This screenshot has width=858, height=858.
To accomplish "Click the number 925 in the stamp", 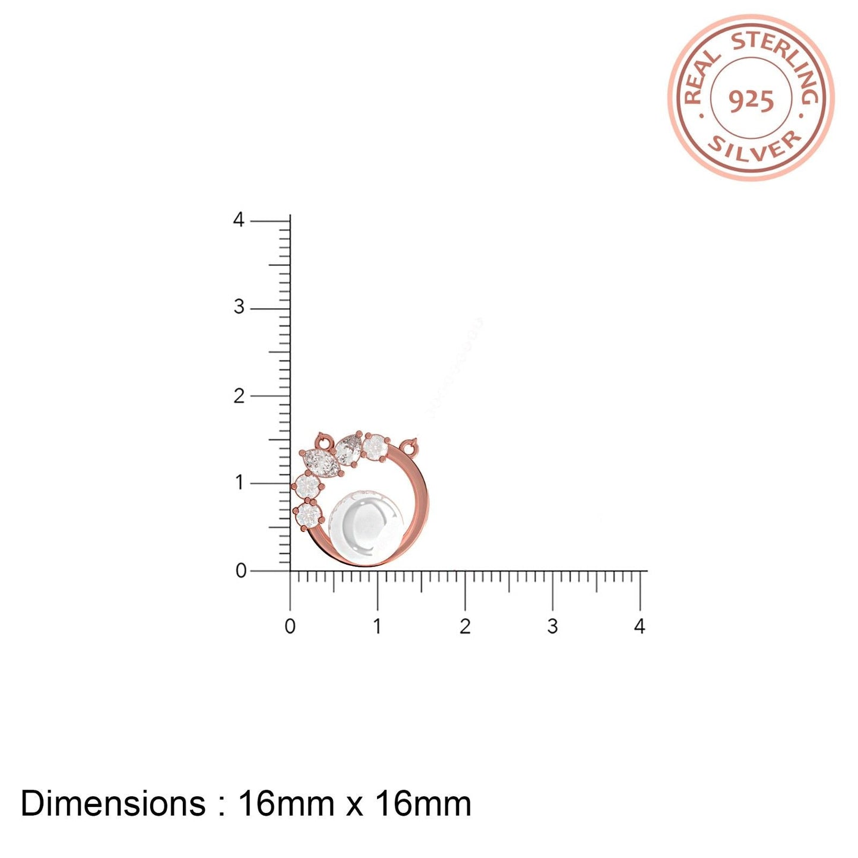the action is coord(751,103).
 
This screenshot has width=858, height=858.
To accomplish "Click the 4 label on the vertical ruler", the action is coord(239,220).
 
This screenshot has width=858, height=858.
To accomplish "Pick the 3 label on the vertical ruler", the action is coord(239,307).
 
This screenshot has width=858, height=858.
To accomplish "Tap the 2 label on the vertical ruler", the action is coord(239,395).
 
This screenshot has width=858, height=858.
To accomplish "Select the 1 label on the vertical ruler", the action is coord(240,482).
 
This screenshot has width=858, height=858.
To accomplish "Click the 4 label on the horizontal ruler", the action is coord(639,626).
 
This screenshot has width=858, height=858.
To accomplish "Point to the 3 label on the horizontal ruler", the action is coord(552,626).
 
